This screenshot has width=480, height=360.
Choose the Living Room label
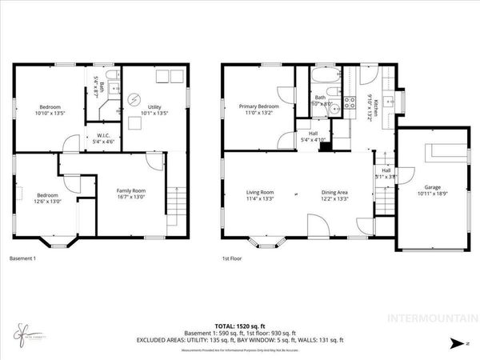pos(260,192)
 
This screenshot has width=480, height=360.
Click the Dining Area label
pos(334,192)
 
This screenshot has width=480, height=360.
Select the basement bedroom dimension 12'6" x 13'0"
pos(47,201)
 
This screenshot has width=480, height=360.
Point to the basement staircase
pos(176,198)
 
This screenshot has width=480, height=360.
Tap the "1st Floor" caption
pos(232,258)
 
